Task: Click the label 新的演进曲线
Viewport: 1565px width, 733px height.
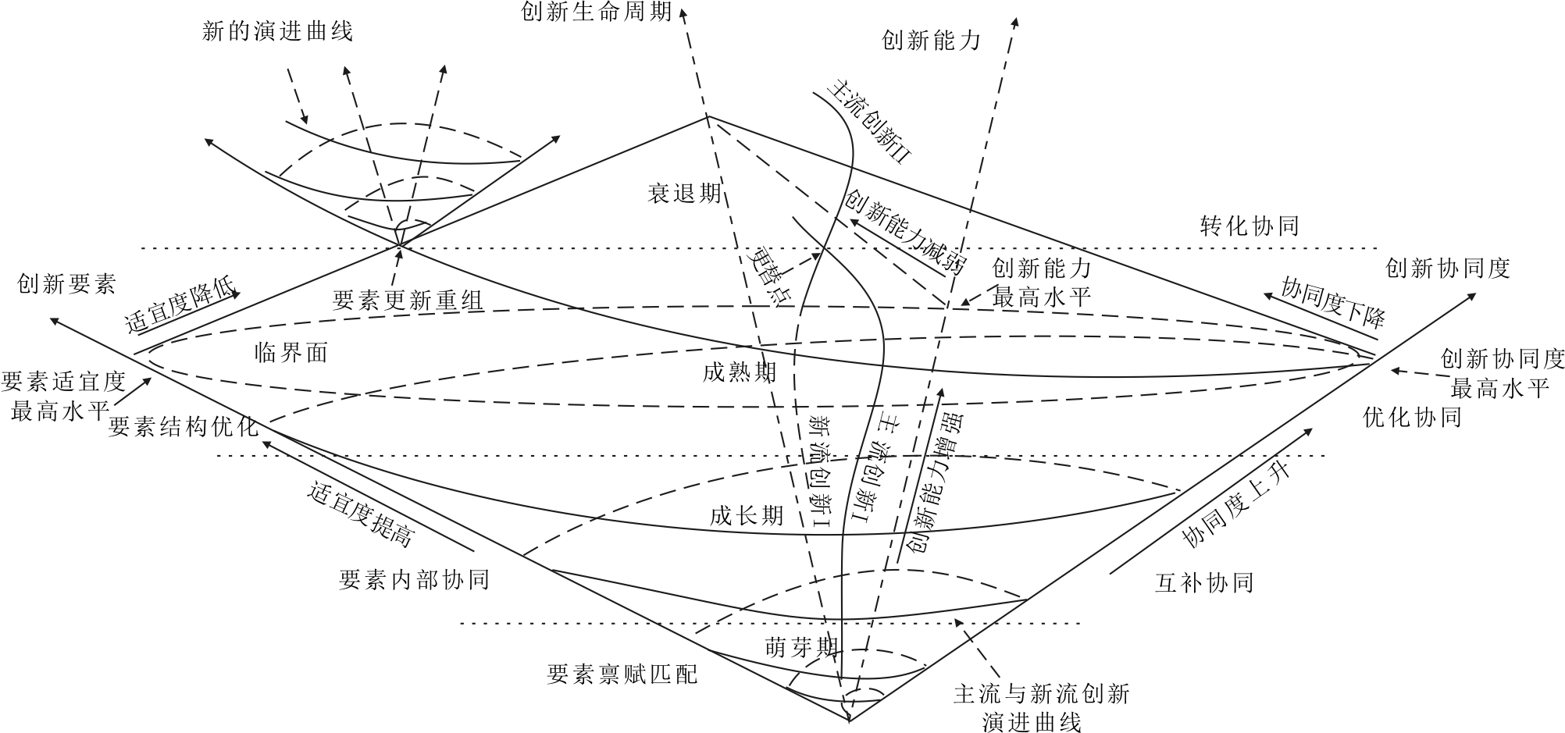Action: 277,31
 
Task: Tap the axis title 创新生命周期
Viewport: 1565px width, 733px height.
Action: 597,12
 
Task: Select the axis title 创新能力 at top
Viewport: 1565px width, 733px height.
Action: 931,40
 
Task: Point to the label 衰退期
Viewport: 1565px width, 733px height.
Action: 685,193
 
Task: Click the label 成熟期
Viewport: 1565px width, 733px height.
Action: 740,372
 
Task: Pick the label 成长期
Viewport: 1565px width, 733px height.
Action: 747,515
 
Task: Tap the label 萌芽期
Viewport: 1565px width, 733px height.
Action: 801,647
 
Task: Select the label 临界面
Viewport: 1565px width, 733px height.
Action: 291,353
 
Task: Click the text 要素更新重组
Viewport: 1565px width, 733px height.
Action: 408,300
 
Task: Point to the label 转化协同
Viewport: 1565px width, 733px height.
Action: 1250,226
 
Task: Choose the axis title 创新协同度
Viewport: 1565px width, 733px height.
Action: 1448,269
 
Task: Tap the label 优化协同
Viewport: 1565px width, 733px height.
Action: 1412,417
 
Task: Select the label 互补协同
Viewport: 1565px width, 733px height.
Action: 1203,582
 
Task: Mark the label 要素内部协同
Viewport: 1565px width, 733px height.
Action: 414,579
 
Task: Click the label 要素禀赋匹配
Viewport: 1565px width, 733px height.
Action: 622,674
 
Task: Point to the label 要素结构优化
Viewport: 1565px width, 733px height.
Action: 183,426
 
